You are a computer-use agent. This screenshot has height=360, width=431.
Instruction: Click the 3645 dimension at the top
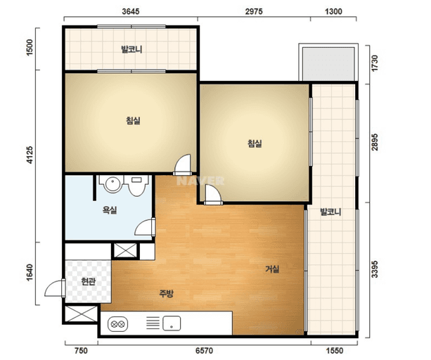[131, 11]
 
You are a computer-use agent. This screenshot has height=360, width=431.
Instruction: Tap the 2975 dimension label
[254, 11]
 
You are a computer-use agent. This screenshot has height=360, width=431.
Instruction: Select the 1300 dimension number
[333, 11]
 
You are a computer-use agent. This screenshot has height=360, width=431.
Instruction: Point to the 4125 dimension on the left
[30, 155]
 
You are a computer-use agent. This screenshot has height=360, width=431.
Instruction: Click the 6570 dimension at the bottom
[204, 351]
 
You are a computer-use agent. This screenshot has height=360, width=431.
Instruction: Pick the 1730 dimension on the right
[375, 63]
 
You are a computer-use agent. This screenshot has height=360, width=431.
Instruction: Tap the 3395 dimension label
[375, 269]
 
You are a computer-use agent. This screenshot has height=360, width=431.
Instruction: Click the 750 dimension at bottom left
[81, 351]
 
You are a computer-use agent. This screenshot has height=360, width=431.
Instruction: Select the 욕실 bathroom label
[110, 210]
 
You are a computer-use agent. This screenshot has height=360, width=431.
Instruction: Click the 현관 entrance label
[88, 281]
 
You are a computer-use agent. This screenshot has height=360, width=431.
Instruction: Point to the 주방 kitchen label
[167, 293]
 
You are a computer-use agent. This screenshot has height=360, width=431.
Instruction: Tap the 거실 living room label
[272, 269]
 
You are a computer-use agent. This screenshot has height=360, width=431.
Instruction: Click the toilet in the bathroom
[136, 185]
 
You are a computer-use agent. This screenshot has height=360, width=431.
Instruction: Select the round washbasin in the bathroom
[112, 184]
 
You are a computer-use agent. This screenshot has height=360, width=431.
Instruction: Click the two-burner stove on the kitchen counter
[117, 324]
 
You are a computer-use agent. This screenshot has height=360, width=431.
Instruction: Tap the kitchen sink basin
[172, 323]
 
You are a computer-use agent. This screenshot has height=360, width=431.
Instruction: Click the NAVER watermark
[200, 181]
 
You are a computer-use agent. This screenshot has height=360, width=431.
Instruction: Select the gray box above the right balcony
[328, 64]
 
